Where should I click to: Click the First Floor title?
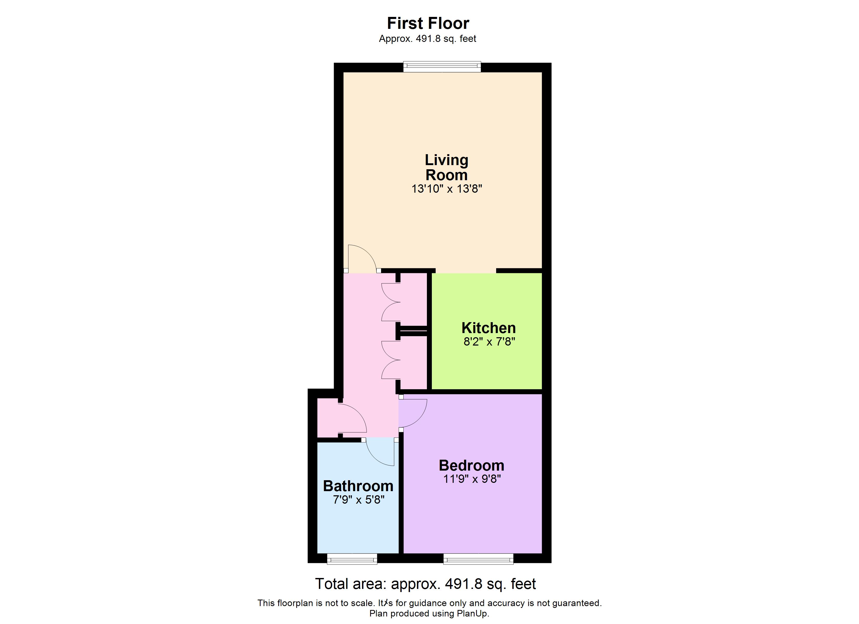(x=428, y=23)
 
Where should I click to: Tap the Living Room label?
(x=446, y=167)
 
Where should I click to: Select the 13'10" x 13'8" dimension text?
(x=446, y=188)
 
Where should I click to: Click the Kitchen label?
(x=489, y=328)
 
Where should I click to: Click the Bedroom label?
(x=472, y=465)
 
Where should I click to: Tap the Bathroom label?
(x=358, y=486)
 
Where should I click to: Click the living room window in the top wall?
(x=442, y=67)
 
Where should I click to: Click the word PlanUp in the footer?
(x=472, y=613)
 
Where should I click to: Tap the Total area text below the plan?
(x=425, y=584)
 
